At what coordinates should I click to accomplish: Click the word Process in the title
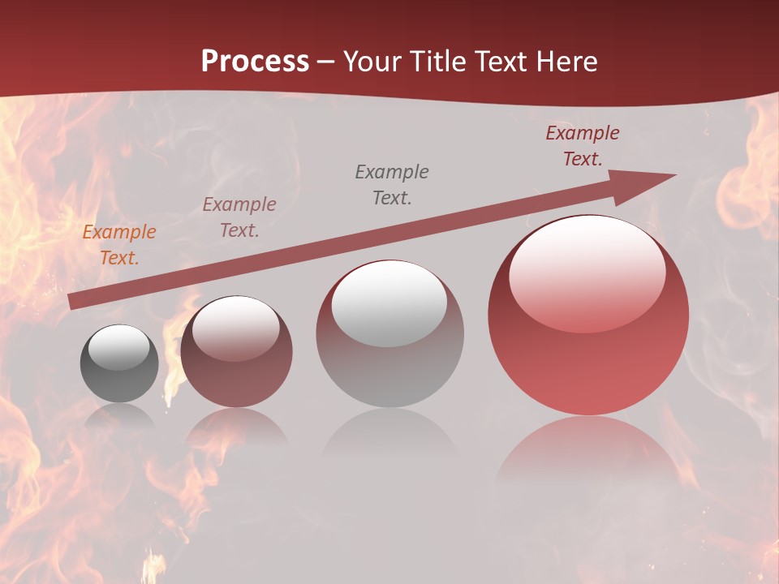click(255, 62)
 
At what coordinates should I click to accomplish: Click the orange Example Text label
click(119, 245)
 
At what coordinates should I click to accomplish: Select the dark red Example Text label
click(583, 146)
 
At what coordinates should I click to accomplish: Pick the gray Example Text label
click(392, 185)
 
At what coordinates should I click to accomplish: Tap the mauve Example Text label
click(239, 217)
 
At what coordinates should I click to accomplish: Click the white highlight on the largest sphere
click(587, 272)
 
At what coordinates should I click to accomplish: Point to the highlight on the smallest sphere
click(118, 347)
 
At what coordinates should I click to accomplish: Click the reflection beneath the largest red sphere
click(587, 446)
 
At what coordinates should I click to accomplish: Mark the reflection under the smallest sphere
click(119, 415)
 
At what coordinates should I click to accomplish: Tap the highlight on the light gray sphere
click(389, 303)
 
